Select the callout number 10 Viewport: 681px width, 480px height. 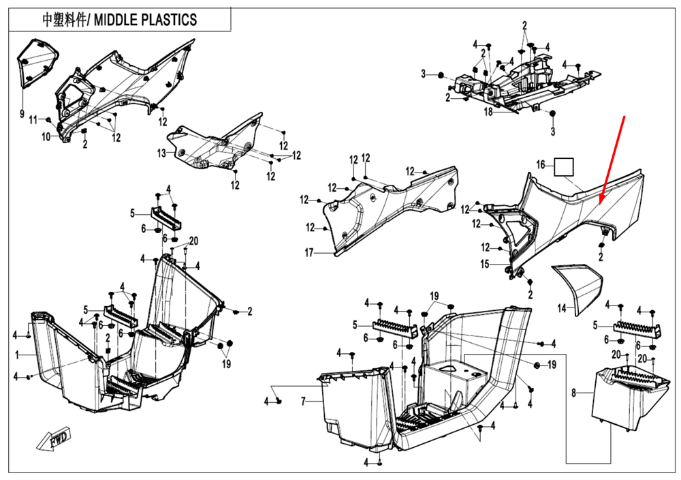(x=46, y=137)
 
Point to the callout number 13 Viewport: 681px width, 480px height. (x=161, y=153)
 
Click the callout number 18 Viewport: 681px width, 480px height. (x=488, y=111)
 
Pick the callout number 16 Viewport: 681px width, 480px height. (x=541, y=164)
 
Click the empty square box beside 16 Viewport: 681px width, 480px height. (x=564, y=167)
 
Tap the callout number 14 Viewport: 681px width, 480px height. (x=561, y=308)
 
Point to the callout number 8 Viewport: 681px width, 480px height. (x=573, y=393)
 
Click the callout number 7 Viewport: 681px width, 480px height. (x=304, y=402)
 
